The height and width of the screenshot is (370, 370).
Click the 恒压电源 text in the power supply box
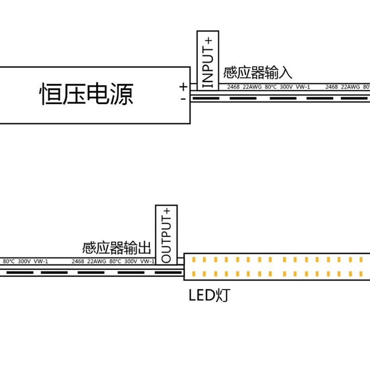coord(87,94)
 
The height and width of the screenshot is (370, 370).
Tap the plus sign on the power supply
coord(183,86)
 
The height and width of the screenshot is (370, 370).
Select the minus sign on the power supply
coord(183,99)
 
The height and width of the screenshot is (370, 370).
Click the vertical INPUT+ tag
coord(208,60)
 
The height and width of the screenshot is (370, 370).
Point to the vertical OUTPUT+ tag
coord(166,234)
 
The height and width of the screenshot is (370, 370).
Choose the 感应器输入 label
coord(258,73)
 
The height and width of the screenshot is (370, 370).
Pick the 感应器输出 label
coord(117,248)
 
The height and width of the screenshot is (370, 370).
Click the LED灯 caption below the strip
coord(209,296)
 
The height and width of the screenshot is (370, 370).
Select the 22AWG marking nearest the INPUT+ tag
coord(252,86)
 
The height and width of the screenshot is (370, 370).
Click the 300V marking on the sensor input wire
coord(286,86)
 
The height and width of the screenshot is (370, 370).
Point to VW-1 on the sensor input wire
coord(302,86)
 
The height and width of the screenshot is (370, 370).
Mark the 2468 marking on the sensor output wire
coord(78,261)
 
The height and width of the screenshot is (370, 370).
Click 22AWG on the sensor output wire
coord(97,261)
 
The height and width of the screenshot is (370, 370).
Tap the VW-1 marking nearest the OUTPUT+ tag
coord(147,261)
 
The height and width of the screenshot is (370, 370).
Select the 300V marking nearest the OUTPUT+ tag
coord(131,261)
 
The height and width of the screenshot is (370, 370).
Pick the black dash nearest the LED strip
coord(167,273)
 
